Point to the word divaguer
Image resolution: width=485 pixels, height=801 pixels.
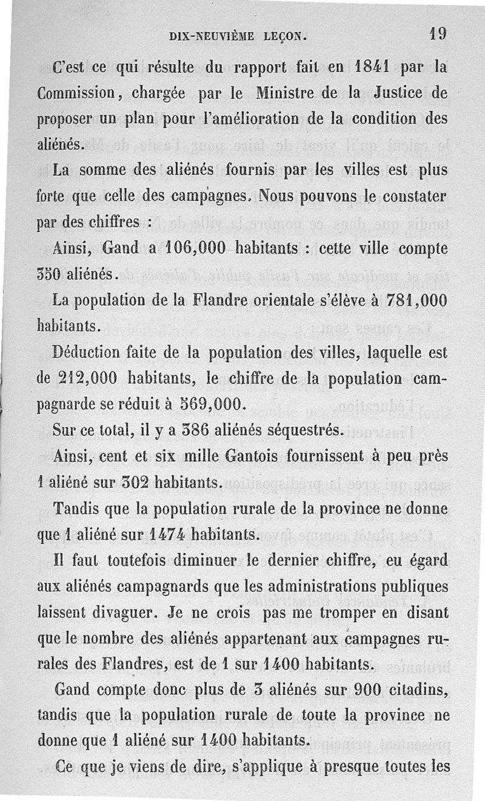[121, 613]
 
